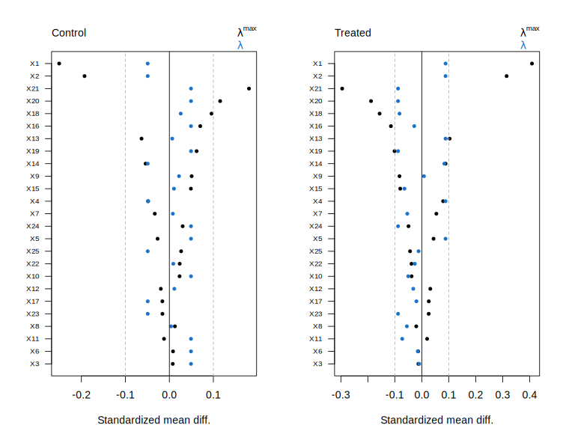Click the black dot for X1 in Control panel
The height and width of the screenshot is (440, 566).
(59, 64)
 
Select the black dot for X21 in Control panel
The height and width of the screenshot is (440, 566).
(249, 88)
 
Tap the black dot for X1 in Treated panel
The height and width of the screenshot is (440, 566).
(532, 64)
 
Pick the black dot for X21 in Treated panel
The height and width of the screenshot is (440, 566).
(342, 88)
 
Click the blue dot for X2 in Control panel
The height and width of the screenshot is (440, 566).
(147, 76)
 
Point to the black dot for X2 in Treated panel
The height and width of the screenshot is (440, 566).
(507, 76)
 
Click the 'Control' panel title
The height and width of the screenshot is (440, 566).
(69, 33)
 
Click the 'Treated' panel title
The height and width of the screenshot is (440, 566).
(353, 33)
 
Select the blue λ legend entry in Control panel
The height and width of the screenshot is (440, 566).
(240, 45)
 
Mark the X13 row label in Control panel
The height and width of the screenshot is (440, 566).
(33, 138)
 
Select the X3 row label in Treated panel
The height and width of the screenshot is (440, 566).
(318, 364)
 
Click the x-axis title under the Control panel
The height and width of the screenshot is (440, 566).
(153, 420)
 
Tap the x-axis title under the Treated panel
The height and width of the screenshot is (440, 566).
(436, 420)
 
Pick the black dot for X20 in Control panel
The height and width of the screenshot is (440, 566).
(220, 101)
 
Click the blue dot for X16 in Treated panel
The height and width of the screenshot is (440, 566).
(414, 126)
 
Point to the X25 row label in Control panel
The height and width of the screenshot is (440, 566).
(33, 251)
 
